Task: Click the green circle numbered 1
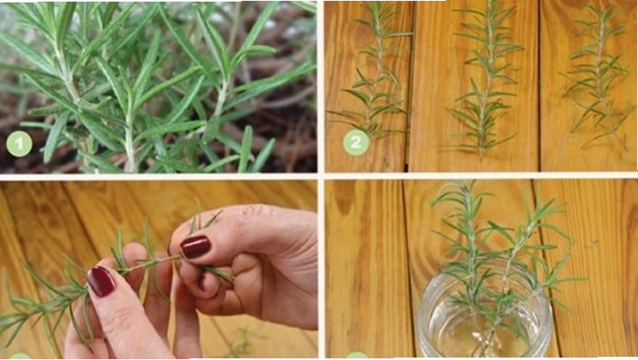pyautogui.click(x=19, y=143)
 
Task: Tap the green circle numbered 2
pyautogui.click(x=356, y=142)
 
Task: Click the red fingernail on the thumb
pyautogui.click(x=195, y=246)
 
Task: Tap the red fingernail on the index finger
pyautogui.click(x=102, y=281)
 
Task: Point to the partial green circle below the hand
pyautogui.click(x=18, y=356)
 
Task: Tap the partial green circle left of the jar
pyautogui.click(x=356, y=356)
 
